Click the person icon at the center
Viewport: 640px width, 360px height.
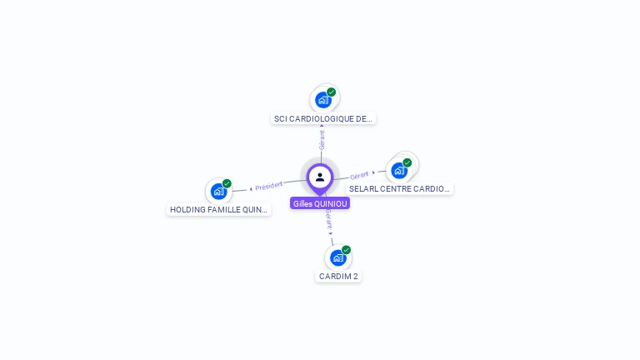tap(320, 177)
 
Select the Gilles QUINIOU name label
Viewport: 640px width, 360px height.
tap(320, 203)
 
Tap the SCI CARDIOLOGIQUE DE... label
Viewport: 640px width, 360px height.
tap(324, 118)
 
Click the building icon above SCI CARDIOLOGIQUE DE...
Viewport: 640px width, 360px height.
tap(322, 100)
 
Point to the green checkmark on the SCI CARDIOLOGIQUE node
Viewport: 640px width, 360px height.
tap(332, 92)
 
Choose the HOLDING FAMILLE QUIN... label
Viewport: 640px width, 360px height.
tap(219, 210)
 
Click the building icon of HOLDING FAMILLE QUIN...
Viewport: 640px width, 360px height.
tap(218, 192)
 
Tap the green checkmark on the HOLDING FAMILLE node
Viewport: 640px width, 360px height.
tap(227, 184)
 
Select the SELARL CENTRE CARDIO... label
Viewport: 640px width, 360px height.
tap(399, 189)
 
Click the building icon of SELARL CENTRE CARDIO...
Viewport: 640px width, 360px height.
tap(399, 170)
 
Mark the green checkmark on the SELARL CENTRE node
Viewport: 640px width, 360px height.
tap(407, 162)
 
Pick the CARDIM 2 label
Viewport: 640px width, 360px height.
tap(338, 276)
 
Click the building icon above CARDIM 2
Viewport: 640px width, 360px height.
tap(337, 257)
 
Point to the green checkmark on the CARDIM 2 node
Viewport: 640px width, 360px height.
tap(346, 250)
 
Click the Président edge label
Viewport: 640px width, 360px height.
tap(269, 186)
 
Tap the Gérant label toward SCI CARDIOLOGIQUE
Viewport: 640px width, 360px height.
tap(322, 140)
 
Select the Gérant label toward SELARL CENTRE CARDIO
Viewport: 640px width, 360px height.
tap(359, 175)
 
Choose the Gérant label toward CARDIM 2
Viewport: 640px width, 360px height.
tap(328, 218)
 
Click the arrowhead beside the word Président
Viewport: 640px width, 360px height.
tap(251, 188)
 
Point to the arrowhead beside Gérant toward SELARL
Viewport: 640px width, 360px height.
tap(373, 173)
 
